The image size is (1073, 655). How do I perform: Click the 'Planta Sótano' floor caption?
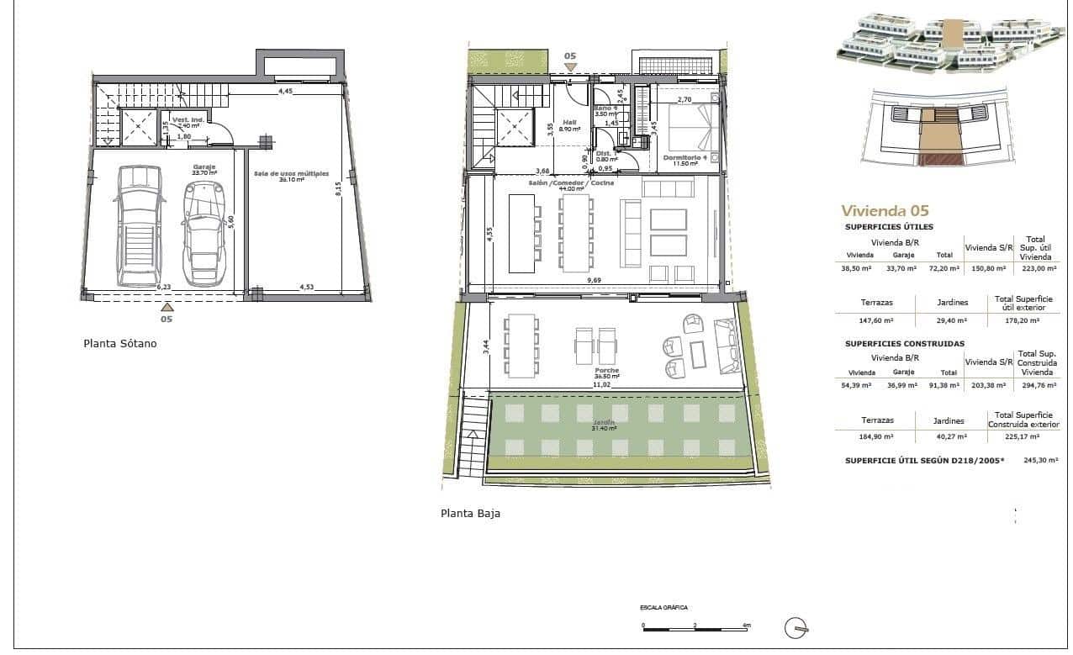[x=119, y=343]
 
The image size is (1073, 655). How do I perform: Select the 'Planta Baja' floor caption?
[x=470, y=513]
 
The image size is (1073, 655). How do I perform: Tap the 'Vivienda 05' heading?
[x=885, y=211]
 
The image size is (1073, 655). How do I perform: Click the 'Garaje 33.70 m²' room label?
[x=204, y=170]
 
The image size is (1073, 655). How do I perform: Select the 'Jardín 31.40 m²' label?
[x=603, y=425]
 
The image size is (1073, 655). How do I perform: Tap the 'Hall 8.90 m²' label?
[x=568, y=126]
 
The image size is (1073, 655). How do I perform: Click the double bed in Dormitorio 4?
[x=695, y=126]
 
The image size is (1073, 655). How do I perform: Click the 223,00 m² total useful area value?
[x=1037, y=267]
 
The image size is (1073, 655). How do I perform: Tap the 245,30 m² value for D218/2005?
[x=1034, y=461]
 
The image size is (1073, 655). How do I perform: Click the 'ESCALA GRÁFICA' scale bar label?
[x=658, y=606]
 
